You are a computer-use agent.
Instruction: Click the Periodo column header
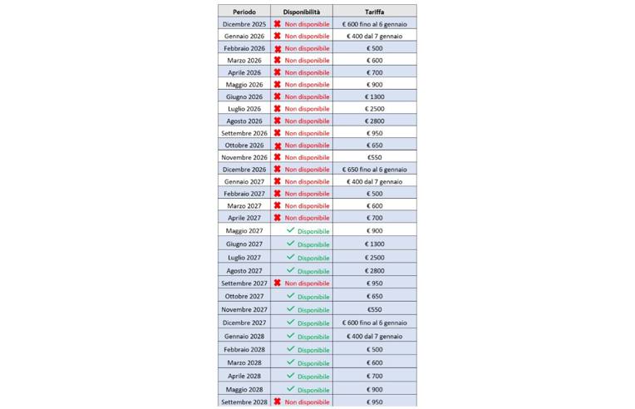coord(244,12)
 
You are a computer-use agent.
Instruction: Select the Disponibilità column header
coord(301,12)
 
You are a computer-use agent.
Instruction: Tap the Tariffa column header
coord(374,12)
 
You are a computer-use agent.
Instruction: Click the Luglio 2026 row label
coord(244,109)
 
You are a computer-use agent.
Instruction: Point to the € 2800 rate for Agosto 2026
coord(374,121)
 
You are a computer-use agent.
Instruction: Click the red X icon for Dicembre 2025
coord(278,24)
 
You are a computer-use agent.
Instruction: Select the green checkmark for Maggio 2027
coord(290,230)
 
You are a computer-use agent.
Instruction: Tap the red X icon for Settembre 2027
coord(278,283)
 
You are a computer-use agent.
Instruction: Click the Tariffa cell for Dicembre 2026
coord(374,169)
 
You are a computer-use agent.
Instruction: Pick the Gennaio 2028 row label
coord(244,336)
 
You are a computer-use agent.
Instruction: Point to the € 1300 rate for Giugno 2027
coord(374,244)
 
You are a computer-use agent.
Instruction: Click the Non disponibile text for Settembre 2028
coord(308,402)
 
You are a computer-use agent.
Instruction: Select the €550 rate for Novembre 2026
coord(374,157)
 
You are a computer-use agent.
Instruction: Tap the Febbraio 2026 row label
coord(244,48)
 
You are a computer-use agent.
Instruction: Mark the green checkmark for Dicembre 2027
coord(290,322)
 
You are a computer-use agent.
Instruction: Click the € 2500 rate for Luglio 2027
coord(374,258)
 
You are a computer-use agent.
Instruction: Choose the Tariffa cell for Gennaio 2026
coord(374,37)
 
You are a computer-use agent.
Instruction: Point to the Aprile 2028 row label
coord(244,376)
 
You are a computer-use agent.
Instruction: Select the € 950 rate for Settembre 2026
coord(374,133)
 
